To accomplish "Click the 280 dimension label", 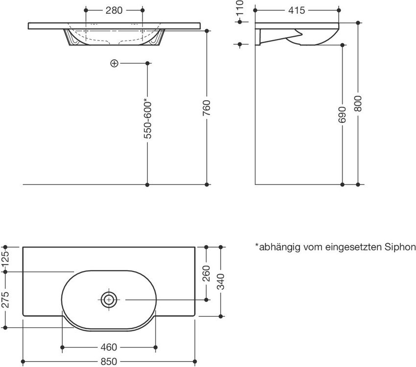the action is click(114, 11).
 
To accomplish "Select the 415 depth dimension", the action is click(297, 11).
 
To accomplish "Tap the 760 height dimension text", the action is click(207, 108).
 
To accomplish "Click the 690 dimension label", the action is click(342, 115).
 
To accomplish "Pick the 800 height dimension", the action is click(358, 103).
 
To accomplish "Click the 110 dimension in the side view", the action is click(240, 7).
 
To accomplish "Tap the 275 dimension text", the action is click(5, 299).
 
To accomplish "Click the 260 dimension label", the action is click(206, 274).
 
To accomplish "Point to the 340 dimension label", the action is click(220, 281).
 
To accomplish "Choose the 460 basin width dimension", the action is click(109, 347).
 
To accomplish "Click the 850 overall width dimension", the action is click(109, 362).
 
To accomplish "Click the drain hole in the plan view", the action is click(109, 300).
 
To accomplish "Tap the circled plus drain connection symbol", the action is click(114, 64).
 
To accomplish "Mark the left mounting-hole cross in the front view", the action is click(86, 31).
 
